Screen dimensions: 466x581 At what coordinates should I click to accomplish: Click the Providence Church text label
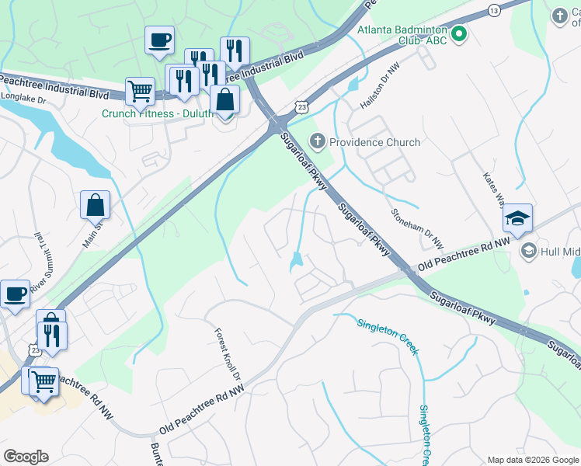click(x=374, y=142)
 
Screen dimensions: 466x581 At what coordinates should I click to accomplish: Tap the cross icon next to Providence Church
click(x=317, y=141)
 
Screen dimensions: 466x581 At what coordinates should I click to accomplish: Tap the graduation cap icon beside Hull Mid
click(x=528, y=250)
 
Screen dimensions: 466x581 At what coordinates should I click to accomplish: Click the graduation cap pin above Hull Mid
click(x=517, y=218)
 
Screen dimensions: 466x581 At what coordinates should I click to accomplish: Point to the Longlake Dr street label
click(x=24, y=99)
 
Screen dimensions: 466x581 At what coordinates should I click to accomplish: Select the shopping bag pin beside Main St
click(x=95, y=206)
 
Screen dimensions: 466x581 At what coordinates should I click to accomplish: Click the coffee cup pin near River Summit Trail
click(x=15, y=294)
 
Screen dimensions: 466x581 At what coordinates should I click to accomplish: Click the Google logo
click(x=26, y=457)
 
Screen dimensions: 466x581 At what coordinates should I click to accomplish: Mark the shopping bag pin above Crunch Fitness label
click(x=224, y=100)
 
